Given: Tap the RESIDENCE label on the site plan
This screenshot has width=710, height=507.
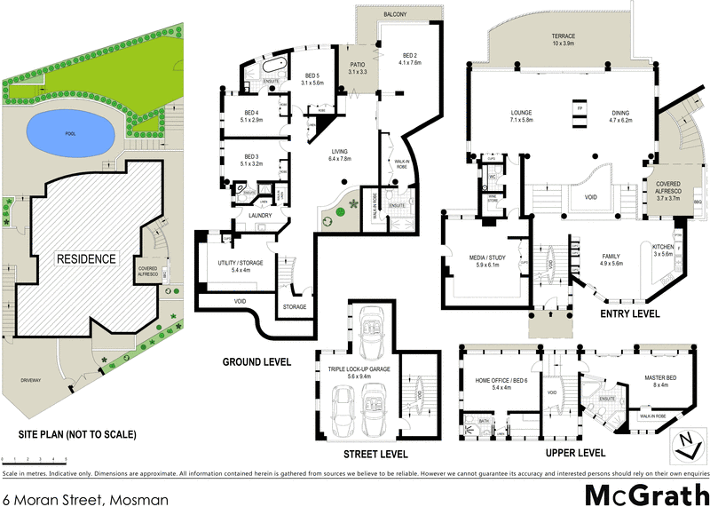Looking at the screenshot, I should pos(87,258).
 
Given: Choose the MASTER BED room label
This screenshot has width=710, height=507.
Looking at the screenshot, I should pos(660,382).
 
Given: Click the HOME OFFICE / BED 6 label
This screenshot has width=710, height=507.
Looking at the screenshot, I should pos(502,384).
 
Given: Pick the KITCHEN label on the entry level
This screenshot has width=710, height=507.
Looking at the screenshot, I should pos(664,249).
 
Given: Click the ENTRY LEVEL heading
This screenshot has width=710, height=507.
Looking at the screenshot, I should pos(629,314).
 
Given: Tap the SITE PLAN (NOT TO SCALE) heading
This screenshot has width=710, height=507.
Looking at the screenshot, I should pos(78,435).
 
